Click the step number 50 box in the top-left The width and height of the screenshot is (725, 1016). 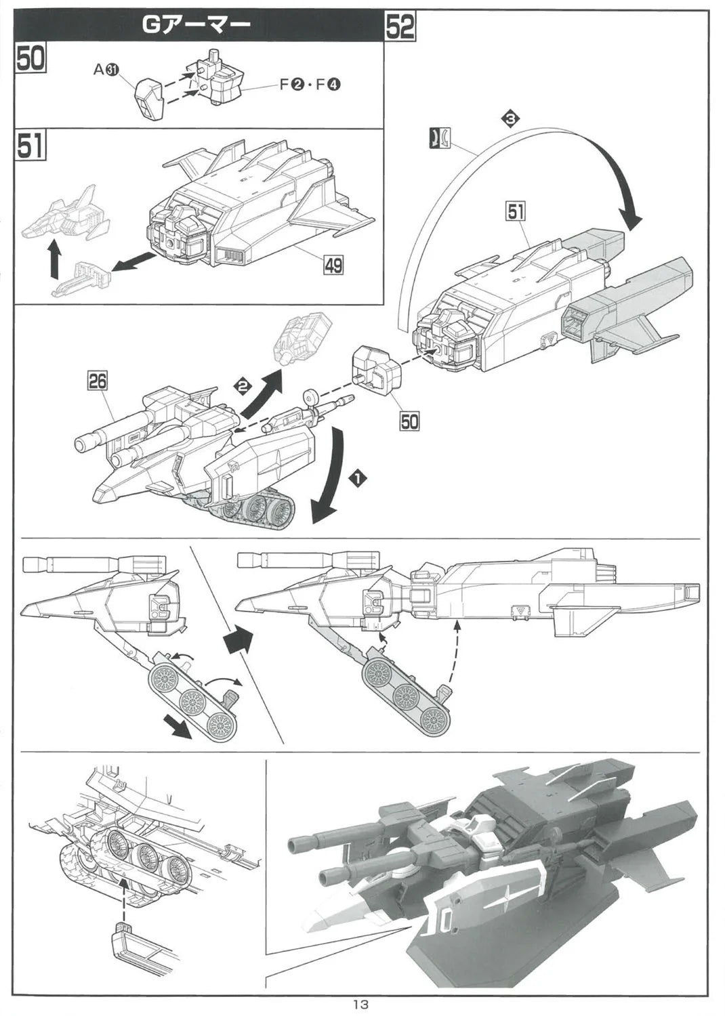pos(31,60)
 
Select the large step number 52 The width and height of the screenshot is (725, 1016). pos(400,27)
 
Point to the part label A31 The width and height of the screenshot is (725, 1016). pos(107,70)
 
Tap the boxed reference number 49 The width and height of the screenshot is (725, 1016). pos(333,265)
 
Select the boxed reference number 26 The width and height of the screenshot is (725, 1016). pos(98,381)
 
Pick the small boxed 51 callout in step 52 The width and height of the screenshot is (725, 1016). pos(516,211)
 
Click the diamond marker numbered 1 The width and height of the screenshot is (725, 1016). pos(359,478)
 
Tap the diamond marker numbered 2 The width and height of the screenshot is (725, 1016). pos(243,386)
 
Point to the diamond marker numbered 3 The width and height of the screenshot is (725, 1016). pos(510,119)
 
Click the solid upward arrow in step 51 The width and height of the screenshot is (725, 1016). pos(54,259)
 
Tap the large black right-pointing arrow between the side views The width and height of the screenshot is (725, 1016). pos(237,641)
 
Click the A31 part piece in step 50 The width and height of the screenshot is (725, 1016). pos(150,98)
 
